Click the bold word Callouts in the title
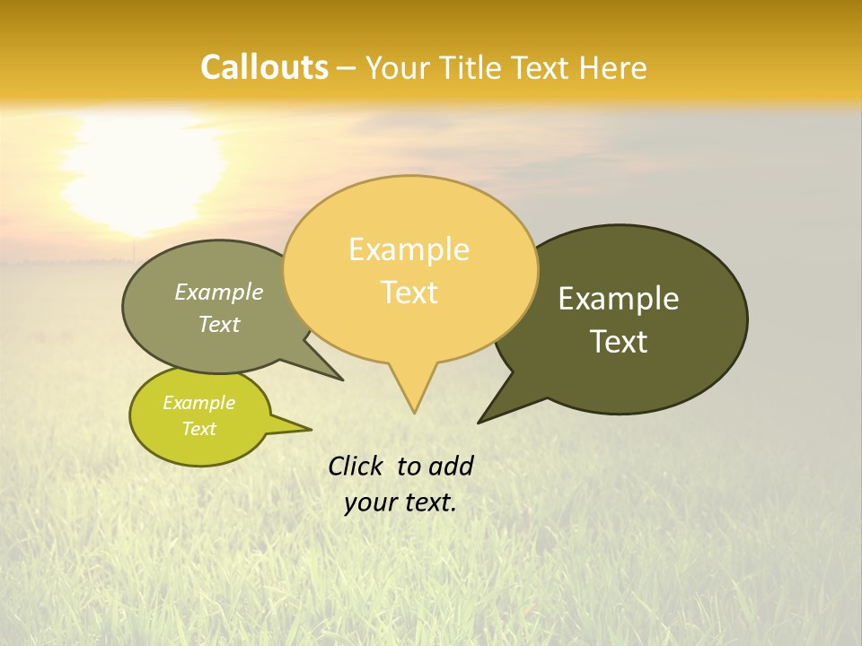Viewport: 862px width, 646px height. (264, 67)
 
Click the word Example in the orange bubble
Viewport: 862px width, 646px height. (409, 249)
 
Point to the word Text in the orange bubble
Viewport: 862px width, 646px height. (409, 292)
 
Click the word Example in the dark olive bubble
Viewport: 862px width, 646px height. (619, 299)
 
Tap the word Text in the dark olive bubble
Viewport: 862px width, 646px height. (619, 342)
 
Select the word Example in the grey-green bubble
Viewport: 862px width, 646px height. (219, 292)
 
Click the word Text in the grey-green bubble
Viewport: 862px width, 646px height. (219, 324)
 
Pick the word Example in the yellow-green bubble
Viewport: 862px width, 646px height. (199, 403)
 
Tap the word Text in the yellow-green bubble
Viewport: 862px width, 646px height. (199, 429)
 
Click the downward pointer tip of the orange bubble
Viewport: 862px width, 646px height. (414, 412)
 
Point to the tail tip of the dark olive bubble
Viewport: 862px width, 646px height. (479, 422)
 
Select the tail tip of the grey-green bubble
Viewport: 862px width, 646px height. (341, 380)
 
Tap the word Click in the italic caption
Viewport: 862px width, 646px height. (356, 466)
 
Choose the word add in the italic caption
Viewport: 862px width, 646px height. (451, 466)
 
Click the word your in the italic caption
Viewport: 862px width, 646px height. (369, 502)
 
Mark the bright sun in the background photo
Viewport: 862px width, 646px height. (144, 170)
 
